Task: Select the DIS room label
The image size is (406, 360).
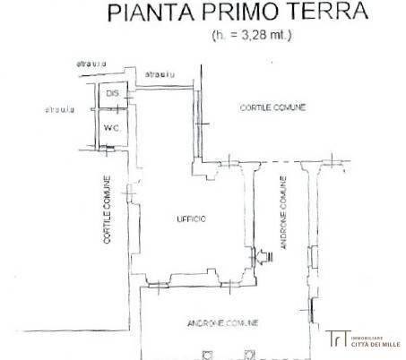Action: point(112,94)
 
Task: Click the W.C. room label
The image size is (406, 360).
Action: point(113,127)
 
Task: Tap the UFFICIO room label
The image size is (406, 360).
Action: point(191,219)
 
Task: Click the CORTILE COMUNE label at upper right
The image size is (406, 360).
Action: point(272,107)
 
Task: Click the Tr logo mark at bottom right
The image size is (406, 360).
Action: point(337,339)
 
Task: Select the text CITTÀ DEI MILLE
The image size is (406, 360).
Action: point(376,344)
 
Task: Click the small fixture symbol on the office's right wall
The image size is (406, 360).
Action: point(263,257)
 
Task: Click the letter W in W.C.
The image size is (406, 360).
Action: point(108,127)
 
